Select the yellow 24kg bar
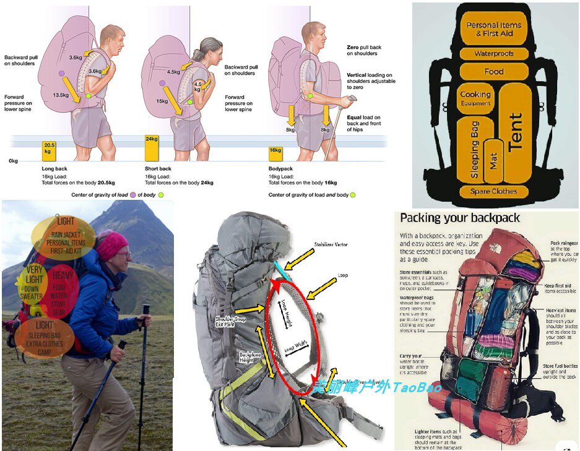click(x=152, y=148)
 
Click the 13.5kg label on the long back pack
click(x=61, y=95)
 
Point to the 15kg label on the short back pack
click(x=162, y=101)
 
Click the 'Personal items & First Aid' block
click(x=494, y=29)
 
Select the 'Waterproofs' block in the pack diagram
click(x=494, y=54)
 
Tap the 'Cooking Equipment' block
click(x=475, y=98)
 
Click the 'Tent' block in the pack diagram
click(x=515, y=132)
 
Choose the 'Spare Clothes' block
click(x=494, y=191)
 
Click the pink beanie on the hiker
click(x=112, y=245)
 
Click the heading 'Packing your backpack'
click(x=460, y=218)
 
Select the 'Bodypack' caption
click(x=280, y=169)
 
